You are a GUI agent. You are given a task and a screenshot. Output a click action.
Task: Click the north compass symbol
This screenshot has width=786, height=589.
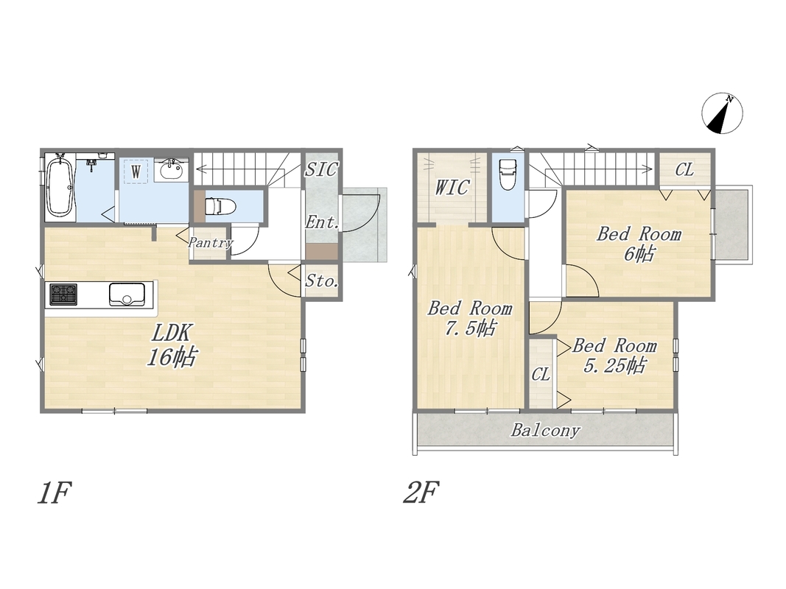point(722,113)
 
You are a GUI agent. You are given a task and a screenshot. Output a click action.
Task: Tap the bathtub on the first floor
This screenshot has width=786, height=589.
point(60,186)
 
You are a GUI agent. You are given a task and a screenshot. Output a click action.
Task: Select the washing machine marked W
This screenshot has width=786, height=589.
point(136,172)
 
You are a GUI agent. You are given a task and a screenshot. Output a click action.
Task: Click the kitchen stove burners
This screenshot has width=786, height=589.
point(63,294)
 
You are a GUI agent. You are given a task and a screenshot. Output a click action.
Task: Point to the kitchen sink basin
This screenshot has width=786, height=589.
point(127,294)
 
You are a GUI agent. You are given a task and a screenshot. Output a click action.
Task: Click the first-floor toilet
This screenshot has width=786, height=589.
point(220,206)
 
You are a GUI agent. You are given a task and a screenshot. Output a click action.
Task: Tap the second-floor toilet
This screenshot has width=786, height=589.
point(508,175)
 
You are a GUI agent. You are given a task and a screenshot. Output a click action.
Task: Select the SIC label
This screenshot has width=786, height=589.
point(322,169)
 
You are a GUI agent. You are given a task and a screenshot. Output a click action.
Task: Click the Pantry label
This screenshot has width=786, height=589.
point(211,243)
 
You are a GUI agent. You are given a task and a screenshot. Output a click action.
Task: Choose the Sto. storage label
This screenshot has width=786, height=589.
point(322,281)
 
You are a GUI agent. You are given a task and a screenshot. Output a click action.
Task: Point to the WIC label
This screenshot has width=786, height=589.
point(452,187)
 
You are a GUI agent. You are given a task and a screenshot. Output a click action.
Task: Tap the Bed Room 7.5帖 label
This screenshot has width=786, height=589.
point(470,318)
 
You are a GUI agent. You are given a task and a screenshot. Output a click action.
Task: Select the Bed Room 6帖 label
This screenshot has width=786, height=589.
point(639,244)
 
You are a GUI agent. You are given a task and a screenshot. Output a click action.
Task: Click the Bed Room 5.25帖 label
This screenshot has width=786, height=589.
point(614,356)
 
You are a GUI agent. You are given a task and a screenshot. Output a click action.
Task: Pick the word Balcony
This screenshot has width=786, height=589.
point(546,431)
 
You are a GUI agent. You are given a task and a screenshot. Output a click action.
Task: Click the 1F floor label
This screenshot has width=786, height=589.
point(54,493)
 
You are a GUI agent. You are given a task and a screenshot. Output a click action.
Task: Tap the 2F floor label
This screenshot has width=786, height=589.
point(422,493)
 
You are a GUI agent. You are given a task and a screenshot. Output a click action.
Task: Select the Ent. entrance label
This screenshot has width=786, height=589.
point(323,222)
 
